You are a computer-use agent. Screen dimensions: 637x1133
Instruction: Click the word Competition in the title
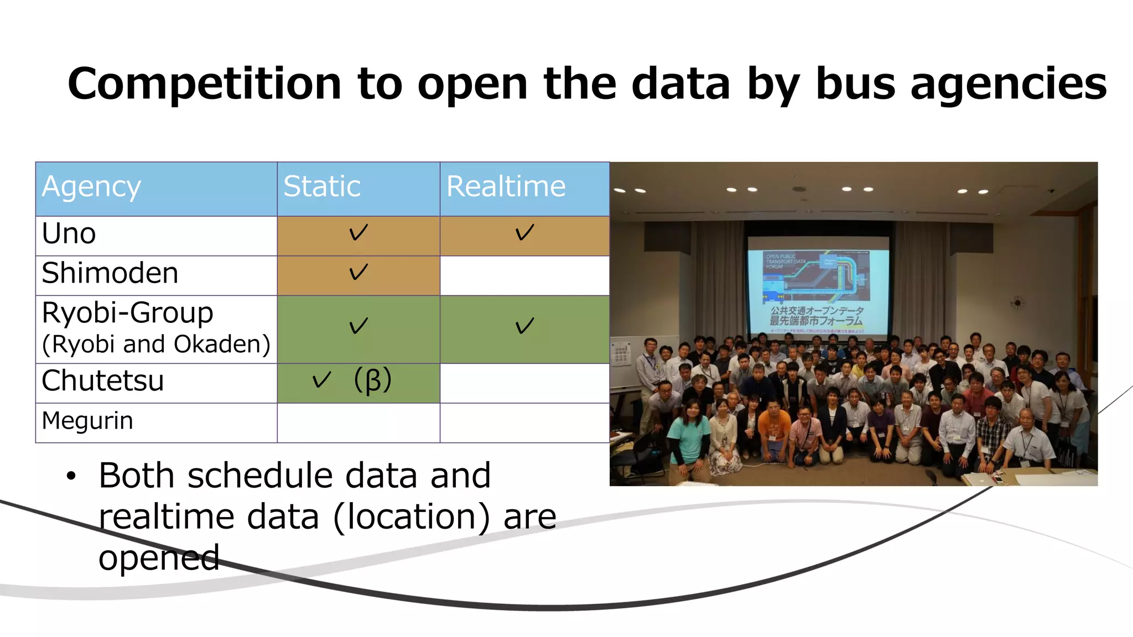tap(204, 84)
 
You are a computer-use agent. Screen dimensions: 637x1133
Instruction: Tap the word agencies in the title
tap(1008, 84)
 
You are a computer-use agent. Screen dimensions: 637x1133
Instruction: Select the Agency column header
tap(91, 187)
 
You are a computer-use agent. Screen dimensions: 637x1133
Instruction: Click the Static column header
tap(321, 186)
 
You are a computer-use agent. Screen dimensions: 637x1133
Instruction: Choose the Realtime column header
tap(506, 186)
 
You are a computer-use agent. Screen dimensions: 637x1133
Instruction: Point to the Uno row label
tap(69, 234)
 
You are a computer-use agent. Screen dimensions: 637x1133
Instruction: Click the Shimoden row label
tap(110, 273)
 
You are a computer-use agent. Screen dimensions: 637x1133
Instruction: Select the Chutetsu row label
tap(102, 381)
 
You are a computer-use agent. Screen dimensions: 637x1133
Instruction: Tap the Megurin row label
tap(87, 421)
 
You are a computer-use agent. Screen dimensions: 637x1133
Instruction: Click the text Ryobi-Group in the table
tap(127, 313)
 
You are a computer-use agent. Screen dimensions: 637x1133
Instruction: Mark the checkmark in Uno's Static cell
tap(358, 232)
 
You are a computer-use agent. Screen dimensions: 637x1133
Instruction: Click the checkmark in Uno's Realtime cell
tap(524, 232)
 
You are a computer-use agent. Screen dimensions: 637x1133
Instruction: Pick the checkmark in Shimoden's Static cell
tap(358, 272)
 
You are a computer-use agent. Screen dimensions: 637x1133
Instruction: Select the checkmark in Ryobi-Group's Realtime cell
tap(524, 326)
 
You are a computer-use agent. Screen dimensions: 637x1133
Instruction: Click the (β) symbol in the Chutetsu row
tap(373, 380)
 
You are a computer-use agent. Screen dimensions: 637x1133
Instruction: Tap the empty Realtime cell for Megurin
tap(524, 423)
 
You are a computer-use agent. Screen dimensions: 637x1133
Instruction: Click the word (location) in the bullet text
tap(412, 517)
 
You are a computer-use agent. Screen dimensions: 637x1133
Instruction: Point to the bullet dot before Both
tap(70, 476)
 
